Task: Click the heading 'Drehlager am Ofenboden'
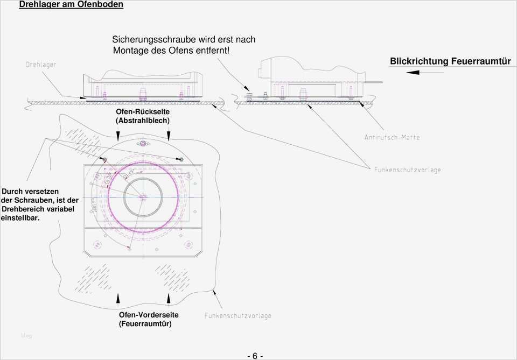coord(71,5)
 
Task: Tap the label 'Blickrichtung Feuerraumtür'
coord(450,61)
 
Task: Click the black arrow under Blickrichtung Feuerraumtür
coord(413,72)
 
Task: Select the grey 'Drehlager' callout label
coord(41,65)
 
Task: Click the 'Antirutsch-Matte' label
coord(392,137)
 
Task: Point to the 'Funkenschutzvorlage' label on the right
coord(407,170)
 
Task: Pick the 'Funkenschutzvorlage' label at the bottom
coord(237,316)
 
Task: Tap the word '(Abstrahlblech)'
coord(143,121)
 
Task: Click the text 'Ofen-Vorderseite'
coord(149,315)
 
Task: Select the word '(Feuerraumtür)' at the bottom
coord(145,324)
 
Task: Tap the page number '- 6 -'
coord(255,356)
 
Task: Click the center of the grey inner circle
coord(143,197)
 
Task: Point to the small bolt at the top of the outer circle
coord(143,144)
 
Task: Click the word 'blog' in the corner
coord(26,336)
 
